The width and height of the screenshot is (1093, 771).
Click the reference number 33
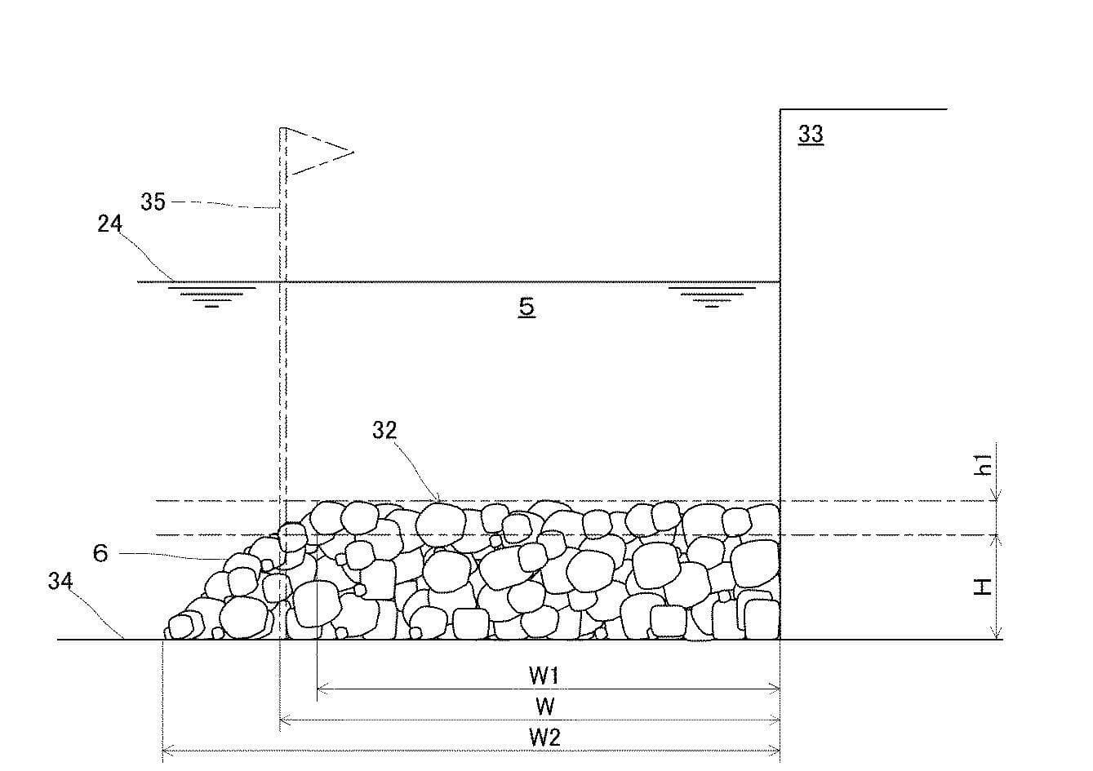click(x=811, y=134)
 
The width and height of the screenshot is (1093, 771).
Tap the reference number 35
click(x=153, y=202)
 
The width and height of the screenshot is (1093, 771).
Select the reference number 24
click(x=109, y=224)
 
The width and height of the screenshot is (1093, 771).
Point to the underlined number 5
click(x=527, y=307)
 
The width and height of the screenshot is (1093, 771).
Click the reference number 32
click(x=384, y=430)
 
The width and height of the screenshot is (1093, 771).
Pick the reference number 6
click(x=100, y=553)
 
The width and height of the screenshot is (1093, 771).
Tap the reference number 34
click(x=60, y=581)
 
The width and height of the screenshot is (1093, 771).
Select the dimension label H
click(x=982, y=587)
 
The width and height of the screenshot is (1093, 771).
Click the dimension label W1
click(x=544, y=675)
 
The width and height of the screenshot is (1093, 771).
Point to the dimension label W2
click(x=545, y=738)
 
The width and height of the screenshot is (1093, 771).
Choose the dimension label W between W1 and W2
click(x=545, y=707)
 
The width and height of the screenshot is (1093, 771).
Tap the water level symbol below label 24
click(x=211, y=297)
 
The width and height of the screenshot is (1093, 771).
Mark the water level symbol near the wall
click(x=712, y=297)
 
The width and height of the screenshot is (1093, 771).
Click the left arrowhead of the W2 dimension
click(x=166, y=750)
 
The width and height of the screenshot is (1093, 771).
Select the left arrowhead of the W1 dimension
click(x=321, y=689)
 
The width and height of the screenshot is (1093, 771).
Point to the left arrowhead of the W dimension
click(x=283, y=720)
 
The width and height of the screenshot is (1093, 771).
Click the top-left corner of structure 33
click(x=780, y=109)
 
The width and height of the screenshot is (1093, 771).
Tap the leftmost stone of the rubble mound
click(x=180, y=626)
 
